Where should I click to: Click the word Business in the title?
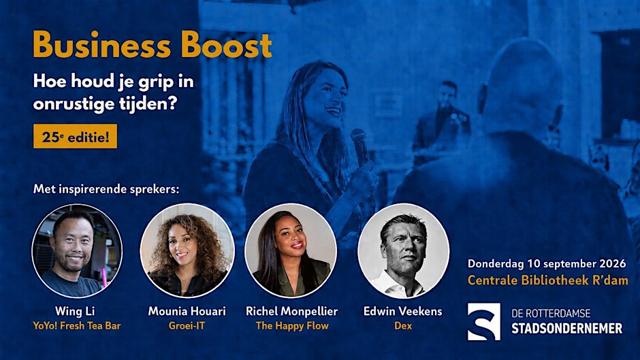[x=101, y=44]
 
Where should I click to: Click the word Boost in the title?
[x=227, y=44]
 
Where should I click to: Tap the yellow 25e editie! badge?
[x=75, y=136]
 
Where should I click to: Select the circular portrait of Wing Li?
[x=77, y=250]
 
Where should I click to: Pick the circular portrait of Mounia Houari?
[x=187, y=250]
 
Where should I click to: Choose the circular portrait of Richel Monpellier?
[x=291, y=250]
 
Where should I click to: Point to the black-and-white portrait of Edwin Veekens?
[x=403, y=250]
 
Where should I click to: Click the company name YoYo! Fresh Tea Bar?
[x=77, y=326]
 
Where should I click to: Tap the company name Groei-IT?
[x=187, y=326]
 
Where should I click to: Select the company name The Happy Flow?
[x=292, y=326]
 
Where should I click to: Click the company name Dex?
[x=403, y=326]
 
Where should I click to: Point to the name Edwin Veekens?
[x=403, y=312]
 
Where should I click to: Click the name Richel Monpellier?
[x=292, y=312]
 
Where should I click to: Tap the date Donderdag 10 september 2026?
[x=547, y=263]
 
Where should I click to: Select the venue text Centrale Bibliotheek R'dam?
[x=548, y=280]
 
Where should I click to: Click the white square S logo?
[x=483, y=322]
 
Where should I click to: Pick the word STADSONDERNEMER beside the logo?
[x=567, y=328]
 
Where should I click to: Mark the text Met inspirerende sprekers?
[x=106, y=189]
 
